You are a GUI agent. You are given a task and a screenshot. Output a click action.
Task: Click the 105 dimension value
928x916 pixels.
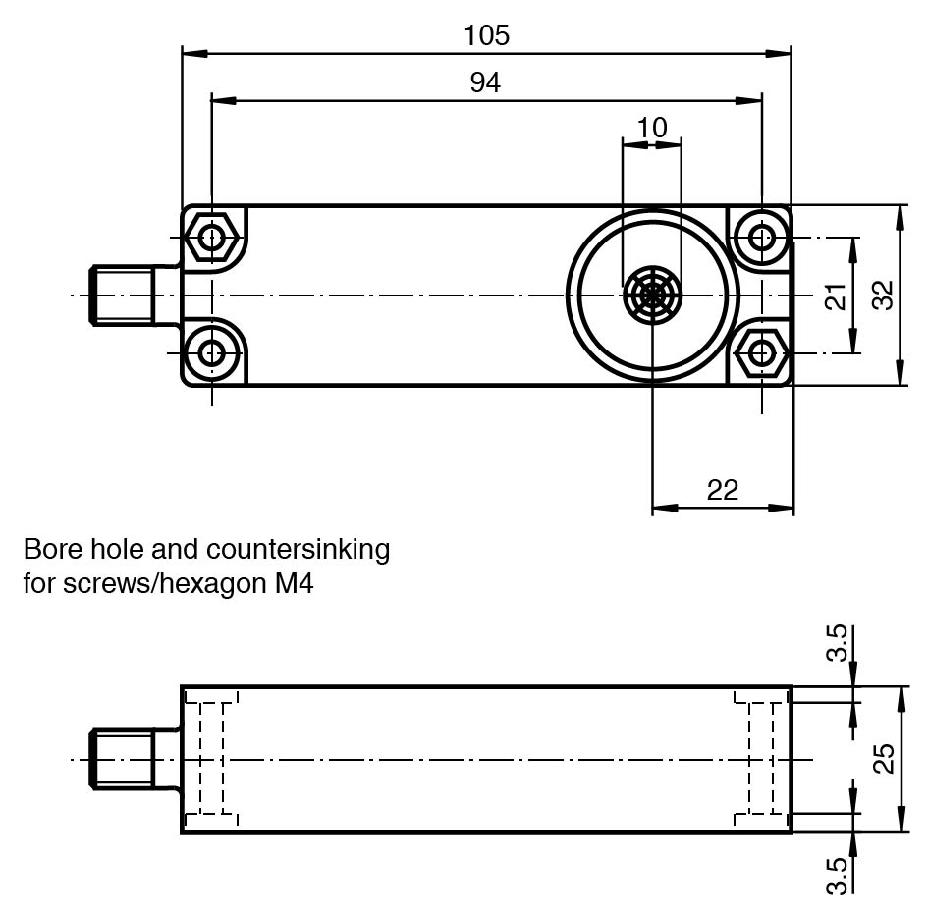click(x=487, y=35)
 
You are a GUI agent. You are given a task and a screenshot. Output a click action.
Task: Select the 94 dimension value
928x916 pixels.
click(x=485, y=83)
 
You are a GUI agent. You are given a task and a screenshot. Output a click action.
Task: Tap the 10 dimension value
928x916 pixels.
click(x=652, y=128)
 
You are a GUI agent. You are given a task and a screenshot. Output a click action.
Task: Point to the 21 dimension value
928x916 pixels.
click(x=835, y=296)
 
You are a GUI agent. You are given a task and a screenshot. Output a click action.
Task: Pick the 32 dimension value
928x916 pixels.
click(x=884, y=296)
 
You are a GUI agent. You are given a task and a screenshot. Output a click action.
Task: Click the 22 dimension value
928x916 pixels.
click(x=722, y=489)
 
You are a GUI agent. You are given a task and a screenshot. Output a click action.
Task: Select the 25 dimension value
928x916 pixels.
click(x=884, y=759)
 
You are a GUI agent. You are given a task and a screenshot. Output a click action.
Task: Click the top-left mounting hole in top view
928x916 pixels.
click(x=212, y=238)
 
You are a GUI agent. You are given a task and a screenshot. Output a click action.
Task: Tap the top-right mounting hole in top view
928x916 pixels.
click(x=762, y=238)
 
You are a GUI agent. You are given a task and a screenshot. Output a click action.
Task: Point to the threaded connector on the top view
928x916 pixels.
click(x=123, y=295)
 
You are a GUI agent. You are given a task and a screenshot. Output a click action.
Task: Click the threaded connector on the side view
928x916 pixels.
click(x=123, y=759)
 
